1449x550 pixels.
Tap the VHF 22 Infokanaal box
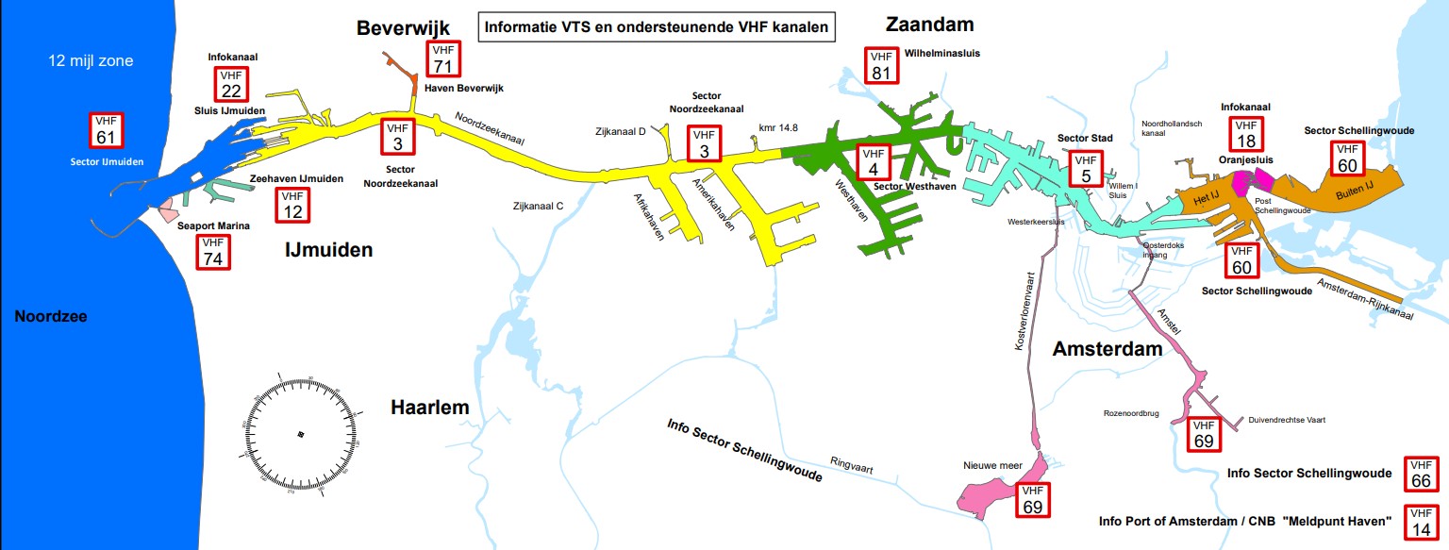pyautogui.click(x=231, y=85)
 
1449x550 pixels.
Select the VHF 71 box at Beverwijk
pyautogui.click(x=442, y=58)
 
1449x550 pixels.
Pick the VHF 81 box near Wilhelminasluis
pyautogui.click(x=881, y=65)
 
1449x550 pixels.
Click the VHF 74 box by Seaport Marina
pyautogui.click(x=213, y=252)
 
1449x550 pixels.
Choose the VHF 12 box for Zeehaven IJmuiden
pyautogui.click(x=293, y=206)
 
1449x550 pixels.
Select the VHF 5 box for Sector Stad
pyautogui.click(x=1086, y=171)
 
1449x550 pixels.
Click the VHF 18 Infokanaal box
pyautogui.click(x=1246, y=134)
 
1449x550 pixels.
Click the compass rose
pyautogui.click(x=301, y=433)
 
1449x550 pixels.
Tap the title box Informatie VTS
pyautogui.click(x=657, y=27)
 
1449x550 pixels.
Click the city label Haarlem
pyautogui.click(x=430, y=408)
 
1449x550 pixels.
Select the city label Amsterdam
pyautogui.click(x=1107, y=349)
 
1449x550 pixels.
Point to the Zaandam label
pyautogui.click(x=929, y=24)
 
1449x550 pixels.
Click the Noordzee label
pyautogui.click(x=51, y=317)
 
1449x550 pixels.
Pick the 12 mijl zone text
pyautogui.click(x=91, y=61)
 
